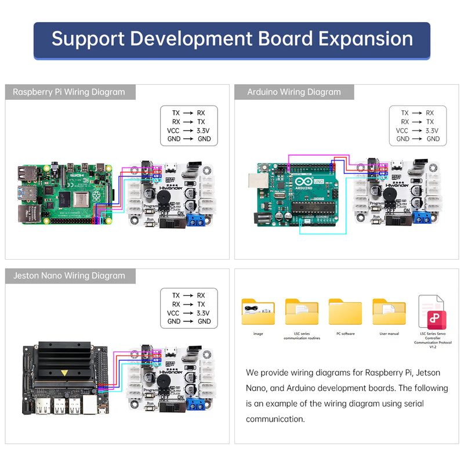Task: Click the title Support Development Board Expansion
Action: click(x=232, y=39)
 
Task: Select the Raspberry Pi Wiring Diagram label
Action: click(x=69, y=92)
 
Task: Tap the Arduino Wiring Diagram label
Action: click(x=294, y=92)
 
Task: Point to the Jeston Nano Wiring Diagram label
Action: click(x=69, y=275)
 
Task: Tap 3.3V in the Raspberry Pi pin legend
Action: click(x=203, y=130)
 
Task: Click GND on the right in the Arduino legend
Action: click(x=433, y=139)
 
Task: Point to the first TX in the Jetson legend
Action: click(x=176, y=295)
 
